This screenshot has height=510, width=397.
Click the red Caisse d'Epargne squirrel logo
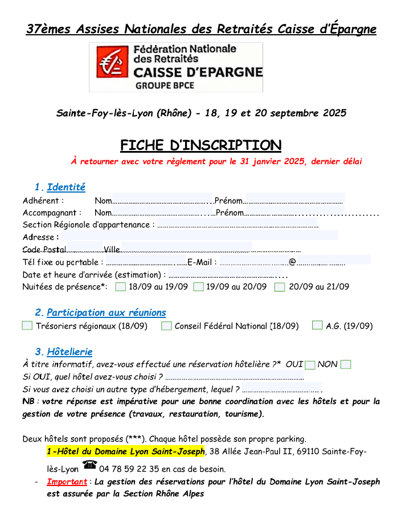pyautogui.click(x=112, y=62)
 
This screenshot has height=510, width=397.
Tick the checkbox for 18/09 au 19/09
pyautogui.click(x=120, y=287)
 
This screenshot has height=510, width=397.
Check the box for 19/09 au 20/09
pyautogui.click(x=198, y=287)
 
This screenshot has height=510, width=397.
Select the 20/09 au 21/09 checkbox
pyautogui.click(x=279, y=287)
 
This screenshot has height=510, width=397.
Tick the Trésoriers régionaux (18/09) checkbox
pyautogui.click(x=27, y=326)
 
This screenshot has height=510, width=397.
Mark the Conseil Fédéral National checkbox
pyautogui.click(x=166, y=326)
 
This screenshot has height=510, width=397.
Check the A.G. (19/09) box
pyautogui.click(x=317, y=325)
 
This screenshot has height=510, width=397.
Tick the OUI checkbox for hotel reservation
pyautogui.click(x=310, y=365)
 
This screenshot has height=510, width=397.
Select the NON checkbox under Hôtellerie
pyautogui.click(x=345, y=365)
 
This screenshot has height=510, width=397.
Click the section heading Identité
pyautogui.click(x=66, y=187)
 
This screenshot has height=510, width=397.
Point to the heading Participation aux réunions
pyautogui.click(x=106, y=312)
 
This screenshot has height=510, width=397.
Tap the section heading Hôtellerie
pyautogui.click(x=69, y=352)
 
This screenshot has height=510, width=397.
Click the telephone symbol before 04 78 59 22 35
pyautogui.click(x=89, y=465)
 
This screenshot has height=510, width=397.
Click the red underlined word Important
pyautogui.click(x=67, y=482)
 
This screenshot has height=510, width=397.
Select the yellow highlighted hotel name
pyautogui.click(x=125, y=452)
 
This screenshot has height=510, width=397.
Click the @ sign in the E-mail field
pyautogui.click(x=292, y=262)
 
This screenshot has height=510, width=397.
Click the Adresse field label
pyautogui.click(x=40, y=237)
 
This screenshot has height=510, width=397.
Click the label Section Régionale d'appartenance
pyautogui.click(x=88, y=225)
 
